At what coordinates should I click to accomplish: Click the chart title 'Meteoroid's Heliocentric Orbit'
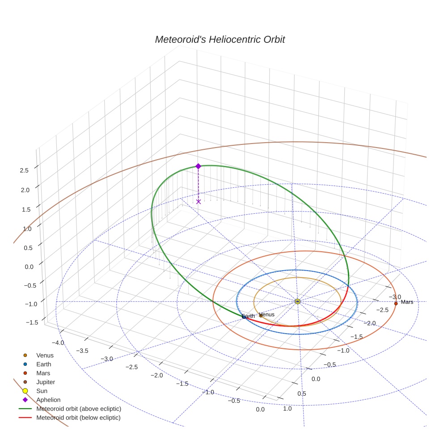(x=220, y=40)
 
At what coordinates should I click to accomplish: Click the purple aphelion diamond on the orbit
(x=199, y=166)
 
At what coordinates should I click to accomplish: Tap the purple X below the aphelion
(x=199, y=202)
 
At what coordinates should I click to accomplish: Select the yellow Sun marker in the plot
(x=297, y=302)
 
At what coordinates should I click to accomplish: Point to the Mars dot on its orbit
(x=396, y=304)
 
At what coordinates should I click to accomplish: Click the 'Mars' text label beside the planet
(x=407, y=302)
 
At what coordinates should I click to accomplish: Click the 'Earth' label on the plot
(x=248, y=316)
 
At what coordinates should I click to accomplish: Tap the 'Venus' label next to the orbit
(x=267, y=314)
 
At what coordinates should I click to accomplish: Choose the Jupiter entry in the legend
(x=45, y=382)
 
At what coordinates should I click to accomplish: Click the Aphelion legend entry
(x=48, y=400)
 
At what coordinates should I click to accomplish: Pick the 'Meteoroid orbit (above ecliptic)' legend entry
(x=79, y=409)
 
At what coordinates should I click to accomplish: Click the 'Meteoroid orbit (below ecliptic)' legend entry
(x=78, y=418)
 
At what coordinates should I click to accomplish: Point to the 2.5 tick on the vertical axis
(x=25, y=170)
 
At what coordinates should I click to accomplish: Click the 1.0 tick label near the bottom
(x=287, y=408)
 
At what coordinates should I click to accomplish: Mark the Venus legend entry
(x=45, y=355)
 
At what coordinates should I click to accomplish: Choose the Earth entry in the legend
(x=43, y=364)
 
